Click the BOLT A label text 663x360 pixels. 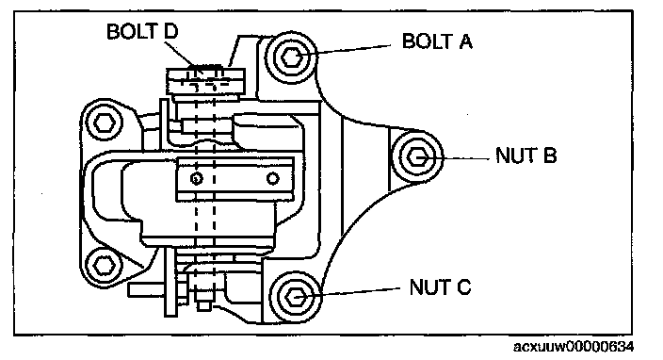[x=437, y=41]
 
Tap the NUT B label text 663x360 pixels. [x=526, y=155]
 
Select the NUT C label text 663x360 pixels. [x=440, y=286]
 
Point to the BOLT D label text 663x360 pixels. [x=142, y=31]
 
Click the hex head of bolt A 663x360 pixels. [x=292, y=57]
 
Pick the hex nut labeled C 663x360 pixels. [x=295, y=298]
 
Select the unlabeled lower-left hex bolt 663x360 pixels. [x=103, y=266]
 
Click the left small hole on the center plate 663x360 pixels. [x=196, y=178]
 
